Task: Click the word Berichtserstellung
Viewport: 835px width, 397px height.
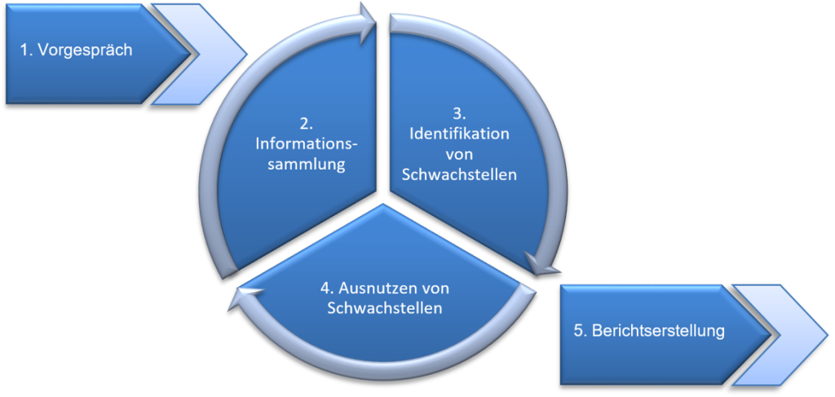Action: (x=657, y=332)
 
